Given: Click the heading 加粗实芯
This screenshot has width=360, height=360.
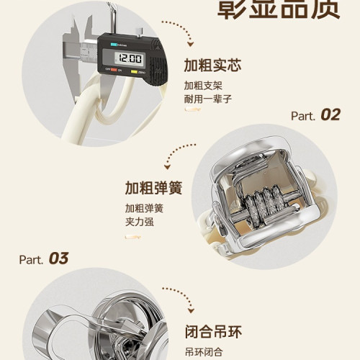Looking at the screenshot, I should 212,66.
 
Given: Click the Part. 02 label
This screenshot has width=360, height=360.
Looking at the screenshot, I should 315,115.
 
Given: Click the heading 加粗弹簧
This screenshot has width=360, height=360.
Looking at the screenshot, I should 153,189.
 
